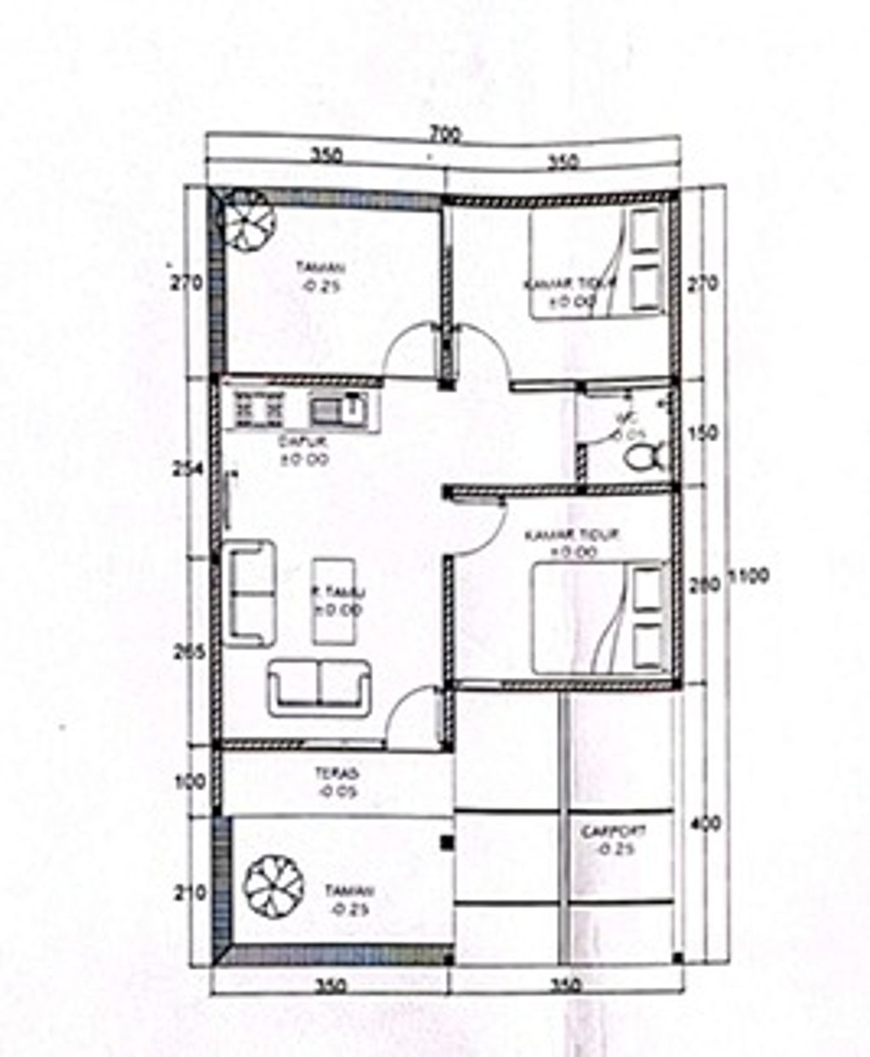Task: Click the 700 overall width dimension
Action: pyautogui.click(x=444, y=134)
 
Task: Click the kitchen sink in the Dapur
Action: pyautogui.click(x=337, y=411)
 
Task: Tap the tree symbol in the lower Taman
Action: pyautogui.click(x=273, y=885)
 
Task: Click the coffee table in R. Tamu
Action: pyautogui.click(x=334, y=600)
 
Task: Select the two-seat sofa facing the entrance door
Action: pyautogui.click(x=320, y=686)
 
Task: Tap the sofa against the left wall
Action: pyautogui.click(x=251, y=590)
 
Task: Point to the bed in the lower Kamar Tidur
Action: pyautogui.click(x=599, y=617)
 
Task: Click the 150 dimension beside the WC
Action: pyautogui.click(x=706, y=433)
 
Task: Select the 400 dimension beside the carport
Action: pyautogui.click(x=706, y=823)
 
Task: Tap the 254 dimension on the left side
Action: pyautogui.click(x=189, y=469)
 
